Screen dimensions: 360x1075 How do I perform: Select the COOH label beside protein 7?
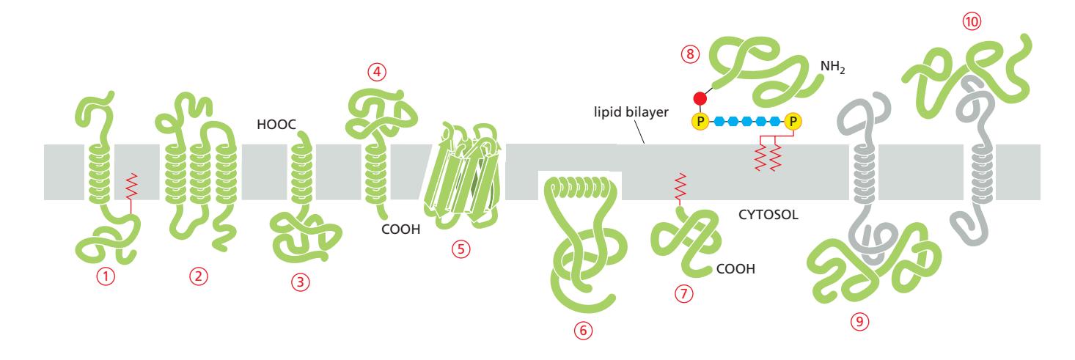coord(735,269)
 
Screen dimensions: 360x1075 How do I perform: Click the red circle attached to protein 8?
coord(701,99)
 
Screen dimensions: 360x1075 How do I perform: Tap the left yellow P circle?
coord(701,120)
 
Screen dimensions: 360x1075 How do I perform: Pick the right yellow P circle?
coord(792,120)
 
